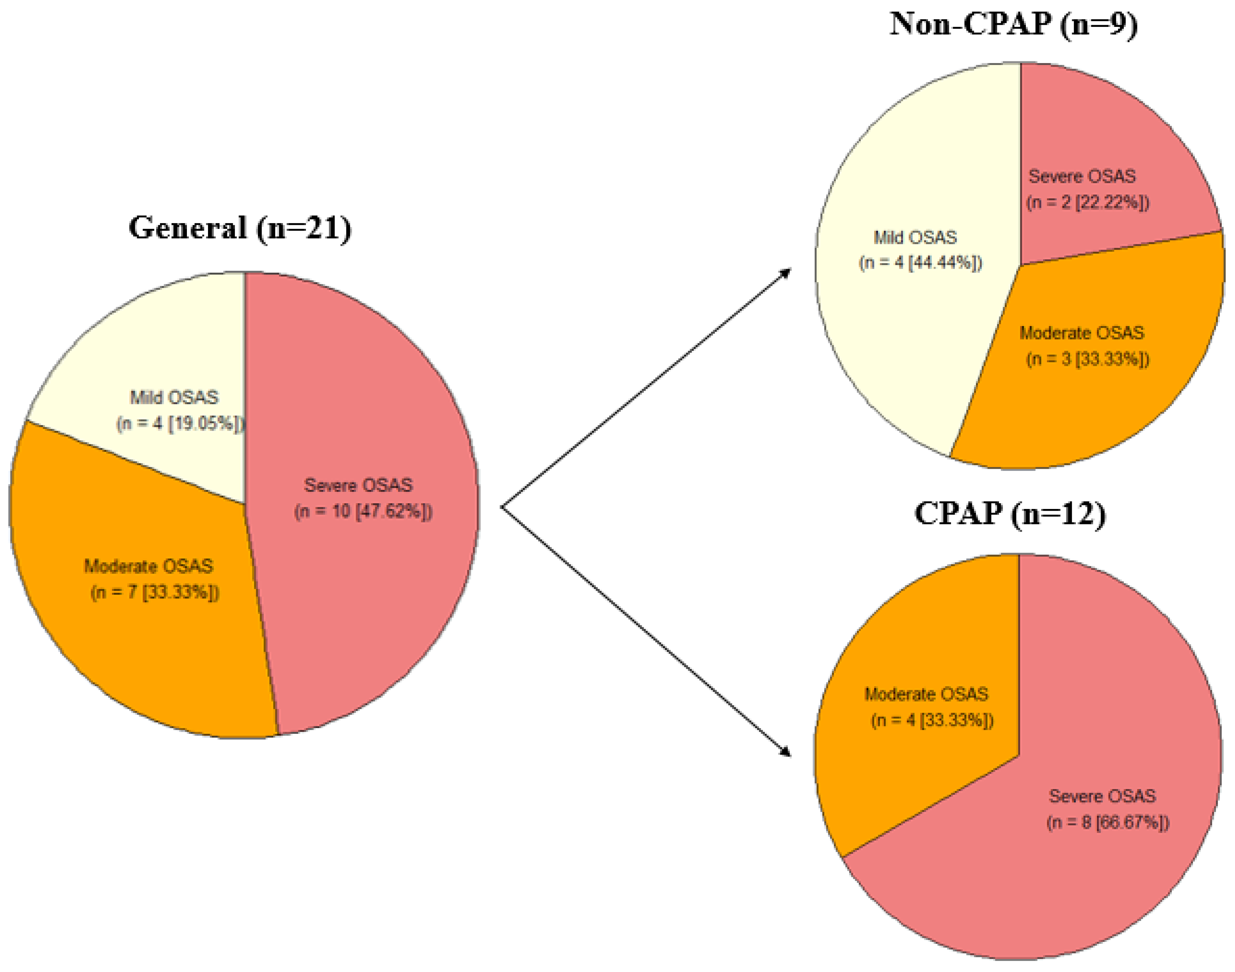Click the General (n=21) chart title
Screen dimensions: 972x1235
[240, 228]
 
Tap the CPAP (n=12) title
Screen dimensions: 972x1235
[1010, 514]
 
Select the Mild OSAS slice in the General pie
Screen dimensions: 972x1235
[171, 353]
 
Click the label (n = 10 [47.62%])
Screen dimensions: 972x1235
[363, 511]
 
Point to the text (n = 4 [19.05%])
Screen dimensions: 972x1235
[180, 424]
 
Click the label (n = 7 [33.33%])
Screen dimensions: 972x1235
[155, 593]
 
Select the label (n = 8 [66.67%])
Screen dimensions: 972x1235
[1108, 823]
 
